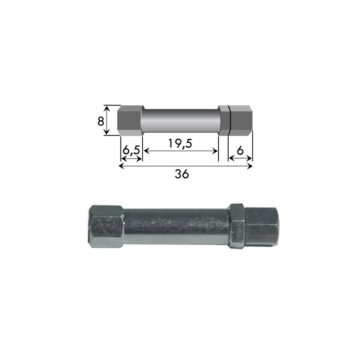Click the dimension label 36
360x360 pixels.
(182, 174)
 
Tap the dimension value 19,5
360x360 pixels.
(180, 144)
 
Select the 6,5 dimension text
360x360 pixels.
(131, 151)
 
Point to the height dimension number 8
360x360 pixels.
(100, 121)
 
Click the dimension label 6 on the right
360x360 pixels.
(240, 151)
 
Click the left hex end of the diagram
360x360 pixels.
(130, 121)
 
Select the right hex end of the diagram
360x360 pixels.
(241, 121)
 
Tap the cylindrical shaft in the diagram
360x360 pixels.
(181, 121)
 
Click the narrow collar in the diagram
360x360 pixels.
(223, 121)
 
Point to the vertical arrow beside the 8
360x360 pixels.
(106, 120)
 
